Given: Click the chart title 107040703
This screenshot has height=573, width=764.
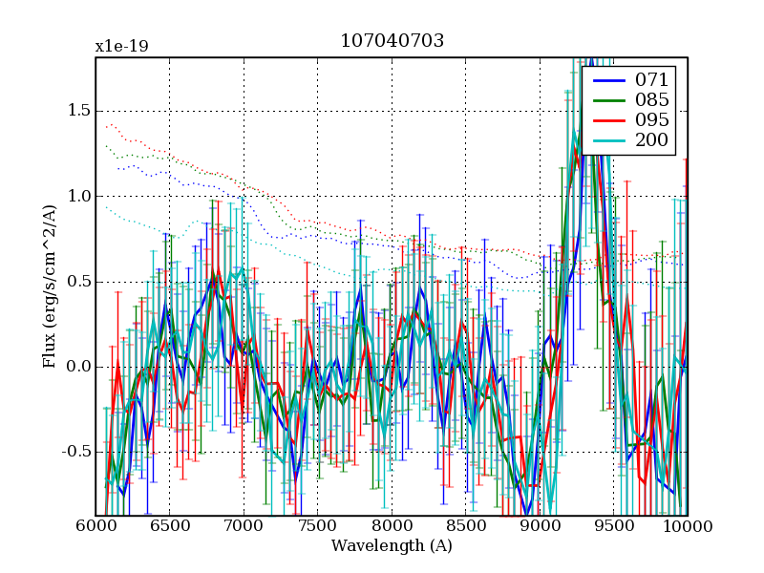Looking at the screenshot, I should (392, 41).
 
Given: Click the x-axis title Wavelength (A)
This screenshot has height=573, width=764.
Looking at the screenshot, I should (392, 546).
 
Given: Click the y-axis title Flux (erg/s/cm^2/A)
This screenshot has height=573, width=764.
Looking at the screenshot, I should (50, 286).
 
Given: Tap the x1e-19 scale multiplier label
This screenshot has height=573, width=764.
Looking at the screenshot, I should (121, 46).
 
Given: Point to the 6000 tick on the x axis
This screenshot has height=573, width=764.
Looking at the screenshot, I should (95, 526).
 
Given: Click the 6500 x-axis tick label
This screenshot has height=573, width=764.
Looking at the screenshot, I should (170, 526).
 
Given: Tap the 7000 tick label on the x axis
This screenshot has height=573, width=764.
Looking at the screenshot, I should (244, 526).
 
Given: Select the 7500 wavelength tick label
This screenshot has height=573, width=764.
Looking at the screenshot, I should (318, 526).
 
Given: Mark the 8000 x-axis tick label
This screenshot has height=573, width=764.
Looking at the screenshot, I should (392, 526).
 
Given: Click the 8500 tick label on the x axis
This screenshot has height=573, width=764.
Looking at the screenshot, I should (466, 526).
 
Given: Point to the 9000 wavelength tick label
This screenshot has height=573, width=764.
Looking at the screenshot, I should (540, 526).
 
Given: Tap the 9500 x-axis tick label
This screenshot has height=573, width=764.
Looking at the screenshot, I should (614, 526).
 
